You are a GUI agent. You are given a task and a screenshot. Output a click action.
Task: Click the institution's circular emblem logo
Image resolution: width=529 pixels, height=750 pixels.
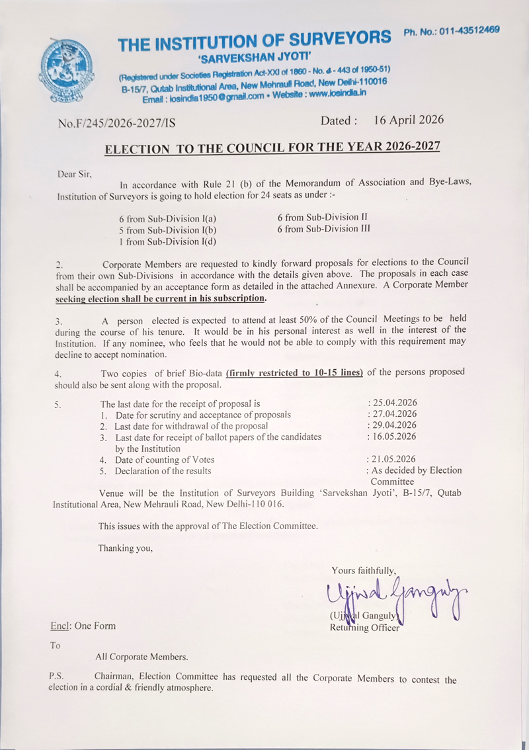[68, 73]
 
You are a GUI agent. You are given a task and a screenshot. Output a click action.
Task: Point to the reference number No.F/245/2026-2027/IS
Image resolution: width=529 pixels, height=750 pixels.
[116, 122]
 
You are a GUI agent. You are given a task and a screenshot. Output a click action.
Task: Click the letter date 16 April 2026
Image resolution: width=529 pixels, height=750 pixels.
[408, 120]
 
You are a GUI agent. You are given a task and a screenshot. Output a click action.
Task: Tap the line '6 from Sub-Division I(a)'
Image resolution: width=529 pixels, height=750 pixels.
[168, 219]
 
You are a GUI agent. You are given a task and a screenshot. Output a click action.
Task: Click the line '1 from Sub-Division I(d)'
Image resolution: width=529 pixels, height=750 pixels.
[168, 241]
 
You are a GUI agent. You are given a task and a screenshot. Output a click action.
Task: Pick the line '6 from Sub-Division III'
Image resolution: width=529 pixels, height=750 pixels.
[323, 228]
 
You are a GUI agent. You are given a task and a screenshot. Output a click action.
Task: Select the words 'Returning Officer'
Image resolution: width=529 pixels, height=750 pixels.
[364, 628]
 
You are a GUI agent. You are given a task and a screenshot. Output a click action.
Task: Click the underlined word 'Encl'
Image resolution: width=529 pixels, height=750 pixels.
[60, 626]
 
